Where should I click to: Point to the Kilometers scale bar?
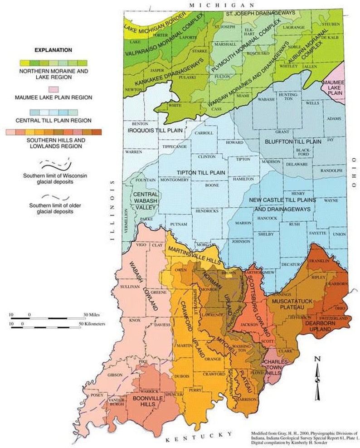pos(45,327)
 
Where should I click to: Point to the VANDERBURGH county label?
pos(117,403)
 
